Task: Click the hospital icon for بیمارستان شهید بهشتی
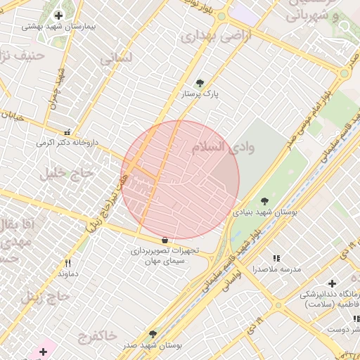pyautogui.click(x=58, y=15)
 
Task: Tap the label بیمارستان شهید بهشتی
pyautogui.click(x=59, y=26)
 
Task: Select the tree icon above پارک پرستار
pyautogui.click(x=200, y=83)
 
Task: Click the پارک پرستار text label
pyautogui.click(x=200, y=94)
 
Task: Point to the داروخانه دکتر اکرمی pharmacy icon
pyautogui.click(x=67, y=132)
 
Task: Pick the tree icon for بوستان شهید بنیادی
pyautogui.click(x=264, y=201)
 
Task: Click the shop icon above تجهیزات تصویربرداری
pyautogui.click(x=165, y=240)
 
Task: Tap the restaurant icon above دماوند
pyautogui.click(x=67, y=263)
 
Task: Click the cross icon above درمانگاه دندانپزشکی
pyautogui.click(x=332, y=283)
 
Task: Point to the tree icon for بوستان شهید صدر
pyautogui.click(x=153, y=335)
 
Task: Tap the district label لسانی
pyautogui.click(x=116, y=59)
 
